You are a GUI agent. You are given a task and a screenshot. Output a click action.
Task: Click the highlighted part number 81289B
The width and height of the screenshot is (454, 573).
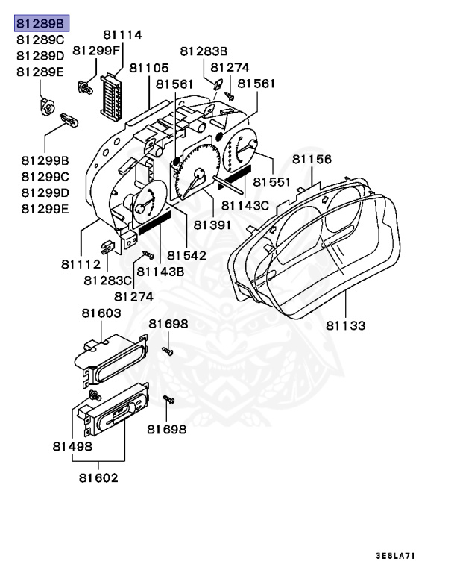click(41, 24)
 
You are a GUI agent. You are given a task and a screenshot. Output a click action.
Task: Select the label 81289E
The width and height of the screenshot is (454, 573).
click(41, 72)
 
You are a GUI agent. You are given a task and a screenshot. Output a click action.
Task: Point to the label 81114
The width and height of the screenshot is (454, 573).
click(122, 35)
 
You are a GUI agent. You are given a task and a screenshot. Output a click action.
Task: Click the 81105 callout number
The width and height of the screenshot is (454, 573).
click(148, 68)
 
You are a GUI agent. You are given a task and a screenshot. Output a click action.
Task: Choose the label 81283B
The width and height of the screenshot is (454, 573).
click(204, 51)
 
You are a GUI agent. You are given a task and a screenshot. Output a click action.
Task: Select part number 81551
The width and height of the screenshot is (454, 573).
click(271, 181)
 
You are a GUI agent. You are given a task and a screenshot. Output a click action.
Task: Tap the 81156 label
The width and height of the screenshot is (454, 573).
click(312, 160)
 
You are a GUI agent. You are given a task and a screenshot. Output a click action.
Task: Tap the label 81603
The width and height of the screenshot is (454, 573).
click(101, 314)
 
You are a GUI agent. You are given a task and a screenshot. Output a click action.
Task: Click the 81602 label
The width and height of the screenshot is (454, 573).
click(98, 477)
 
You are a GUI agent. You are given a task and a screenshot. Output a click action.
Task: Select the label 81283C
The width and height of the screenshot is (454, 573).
click(107, 281)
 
